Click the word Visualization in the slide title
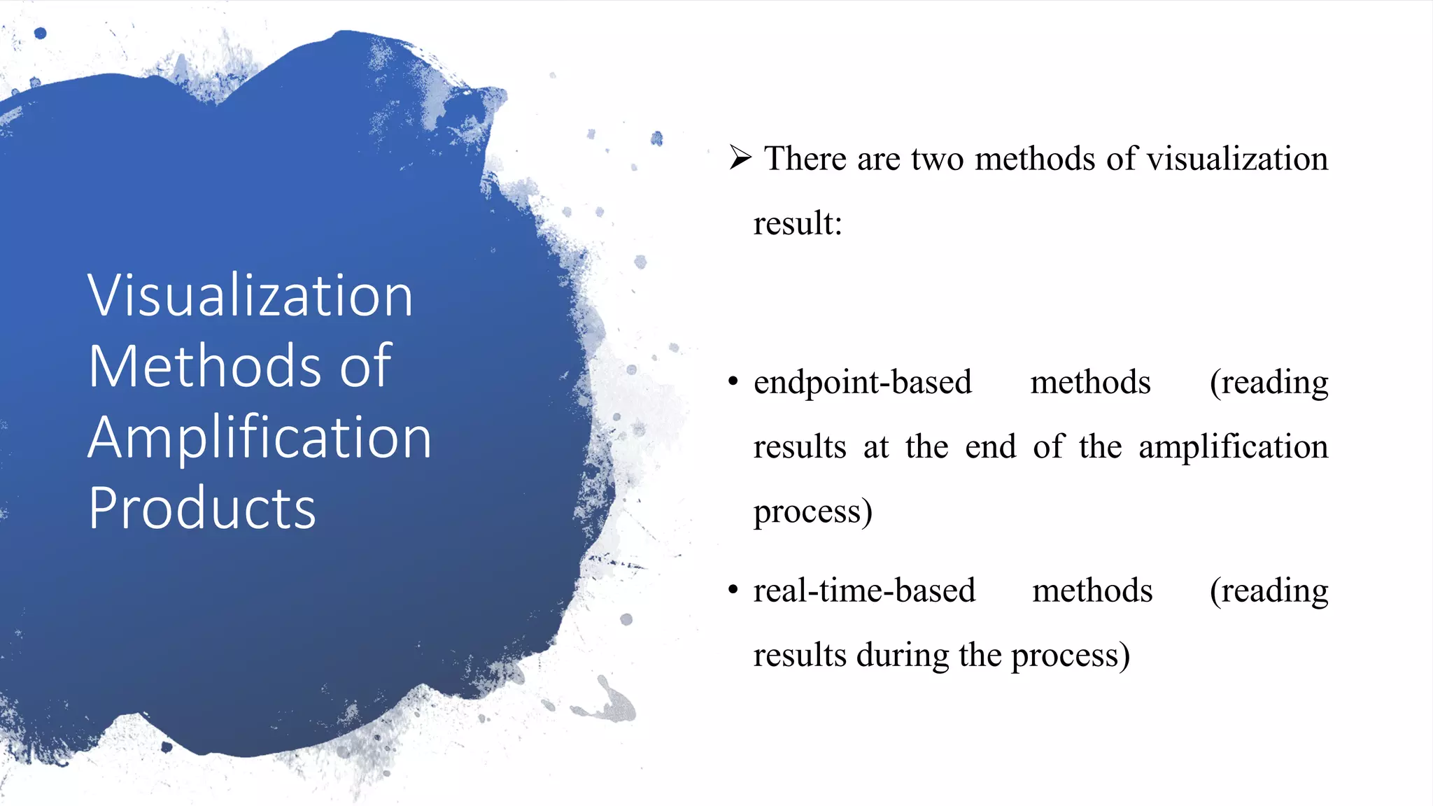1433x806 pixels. click(x=250, y=296)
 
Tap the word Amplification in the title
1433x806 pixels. click(x=260, y=438)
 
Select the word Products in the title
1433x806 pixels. click(x=202, y=509)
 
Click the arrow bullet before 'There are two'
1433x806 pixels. click(x=740, y=157)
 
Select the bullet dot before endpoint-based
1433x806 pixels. click(x=733, y=382)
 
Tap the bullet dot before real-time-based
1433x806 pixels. click(x=733, y=590)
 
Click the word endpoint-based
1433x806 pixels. click(x=862, y=383)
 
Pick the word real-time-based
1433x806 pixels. click(x=864, y=591)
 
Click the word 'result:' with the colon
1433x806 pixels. click(x=798, y=224)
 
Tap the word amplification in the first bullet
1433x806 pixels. click(x=1233, y=447)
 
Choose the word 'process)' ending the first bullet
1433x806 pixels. click(x=812, y=512)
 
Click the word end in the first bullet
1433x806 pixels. click(x=990, y=447)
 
